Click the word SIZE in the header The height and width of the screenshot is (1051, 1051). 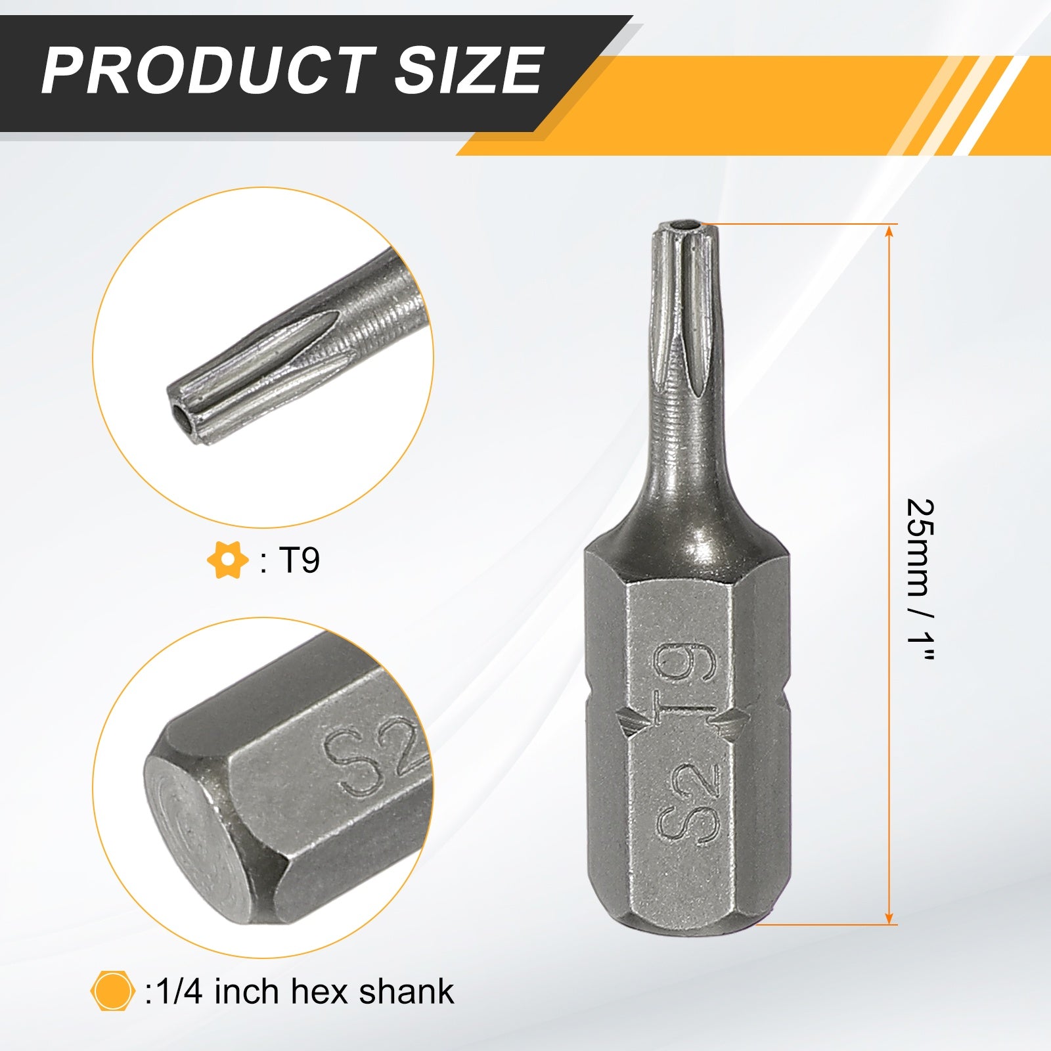(x=468, y=70)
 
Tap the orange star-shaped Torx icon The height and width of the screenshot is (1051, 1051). (x=227, y=560)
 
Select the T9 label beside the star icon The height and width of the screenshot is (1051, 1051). (x=300, y=560)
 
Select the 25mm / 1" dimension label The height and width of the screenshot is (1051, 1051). (x=920, y=580)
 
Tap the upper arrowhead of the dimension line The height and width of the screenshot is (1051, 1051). (x=889, y=230)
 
